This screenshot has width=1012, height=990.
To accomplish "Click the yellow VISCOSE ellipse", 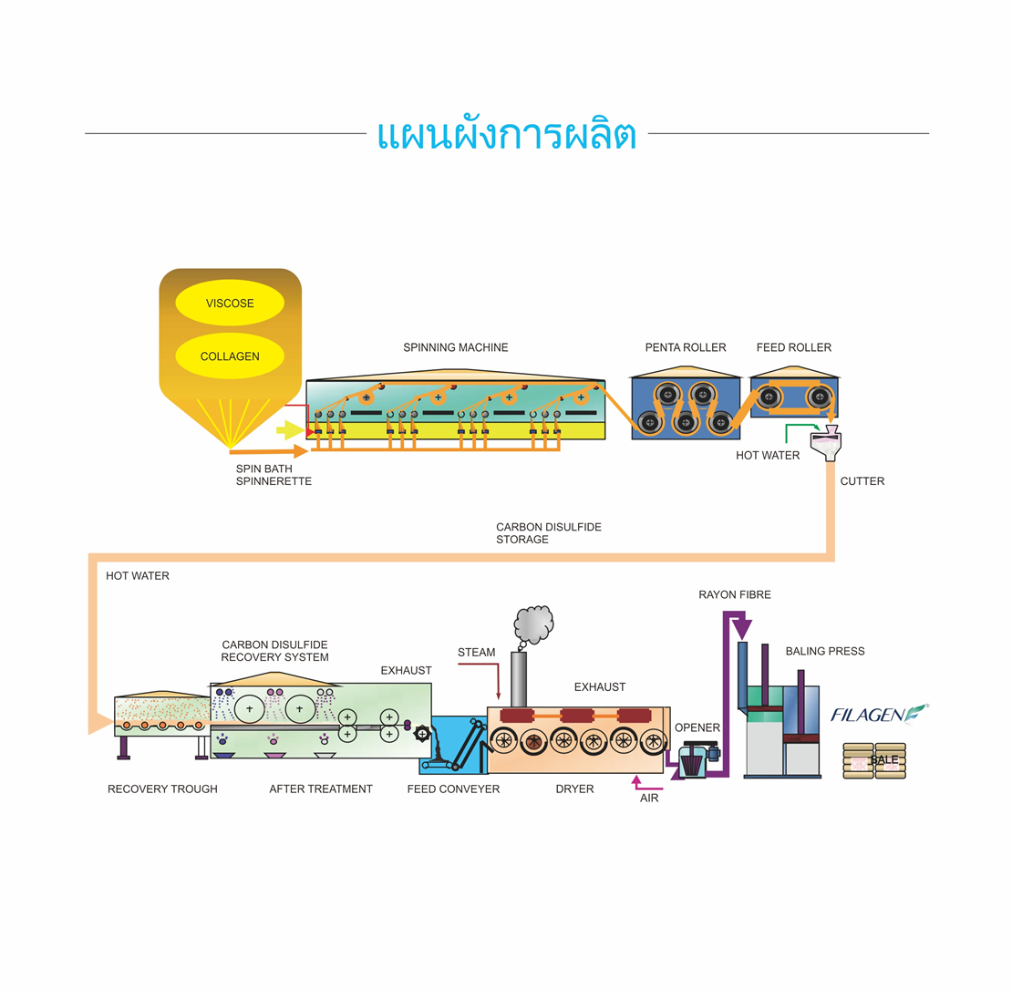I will coord(230,304).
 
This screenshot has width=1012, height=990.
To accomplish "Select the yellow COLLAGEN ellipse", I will coord(230,356).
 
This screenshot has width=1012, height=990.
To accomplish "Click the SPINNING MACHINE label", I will coord(456,347).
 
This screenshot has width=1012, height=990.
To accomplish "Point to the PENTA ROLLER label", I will coord(686,347).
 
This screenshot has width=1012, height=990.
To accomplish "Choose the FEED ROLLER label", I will coord(794,347).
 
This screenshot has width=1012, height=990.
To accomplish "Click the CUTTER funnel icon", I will coord(826,443).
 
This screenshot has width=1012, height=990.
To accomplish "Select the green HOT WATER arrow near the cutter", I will coord(802,428).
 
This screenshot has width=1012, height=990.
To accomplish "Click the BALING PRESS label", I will coord(825,652).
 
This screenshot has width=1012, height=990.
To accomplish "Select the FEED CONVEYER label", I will coord(453,789).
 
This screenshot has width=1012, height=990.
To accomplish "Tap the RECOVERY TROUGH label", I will coord(162,789).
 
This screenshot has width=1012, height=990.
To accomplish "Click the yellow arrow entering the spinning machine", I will coord(290,430).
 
